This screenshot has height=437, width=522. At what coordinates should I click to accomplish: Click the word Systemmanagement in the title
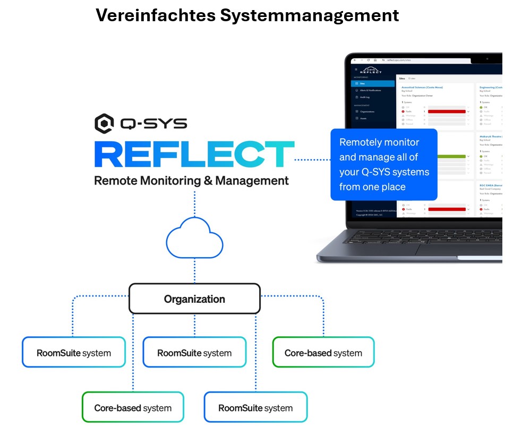[x=310, y=15]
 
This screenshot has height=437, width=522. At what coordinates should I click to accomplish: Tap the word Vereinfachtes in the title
[x=156, y=15]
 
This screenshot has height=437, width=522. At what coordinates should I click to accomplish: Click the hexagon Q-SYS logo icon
[x=104, y=124]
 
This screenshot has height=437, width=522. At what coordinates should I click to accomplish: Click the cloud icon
[x=194, y=240]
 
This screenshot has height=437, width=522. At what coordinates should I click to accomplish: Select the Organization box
[x=194, y=299]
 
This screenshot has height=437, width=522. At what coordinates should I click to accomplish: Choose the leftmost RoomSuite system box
[x=74, y=353]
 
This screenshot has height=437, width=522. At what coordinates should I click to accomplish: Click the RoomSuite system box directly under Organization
[x=194, y=353]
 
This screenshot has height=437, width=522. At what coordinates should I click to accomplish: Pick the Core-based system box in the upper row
[x=323, y=353]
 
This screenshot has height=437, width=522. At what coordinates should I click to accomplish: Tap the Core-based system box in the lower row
[x=133, y=408]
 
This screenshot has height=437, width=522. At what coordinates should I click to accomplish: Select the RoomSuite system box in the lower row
[x=255, y=408]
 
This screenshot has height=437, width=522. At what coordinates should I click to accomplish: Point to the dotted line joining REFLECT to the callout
[x=312, y=159]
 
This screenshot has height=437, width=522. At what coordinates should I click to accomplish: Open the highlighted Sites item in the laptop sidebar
[x=374, y=83]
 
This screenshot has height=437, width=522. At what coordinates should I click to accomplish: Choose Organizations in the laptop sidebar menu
[x=369, y=111]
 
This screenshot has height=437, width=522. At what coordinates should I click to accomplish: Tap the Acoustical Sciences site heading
[x=423, y=87]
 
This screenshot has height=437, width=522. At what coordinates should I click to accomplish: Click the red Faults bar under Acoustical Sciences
[x=446, y=111]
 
